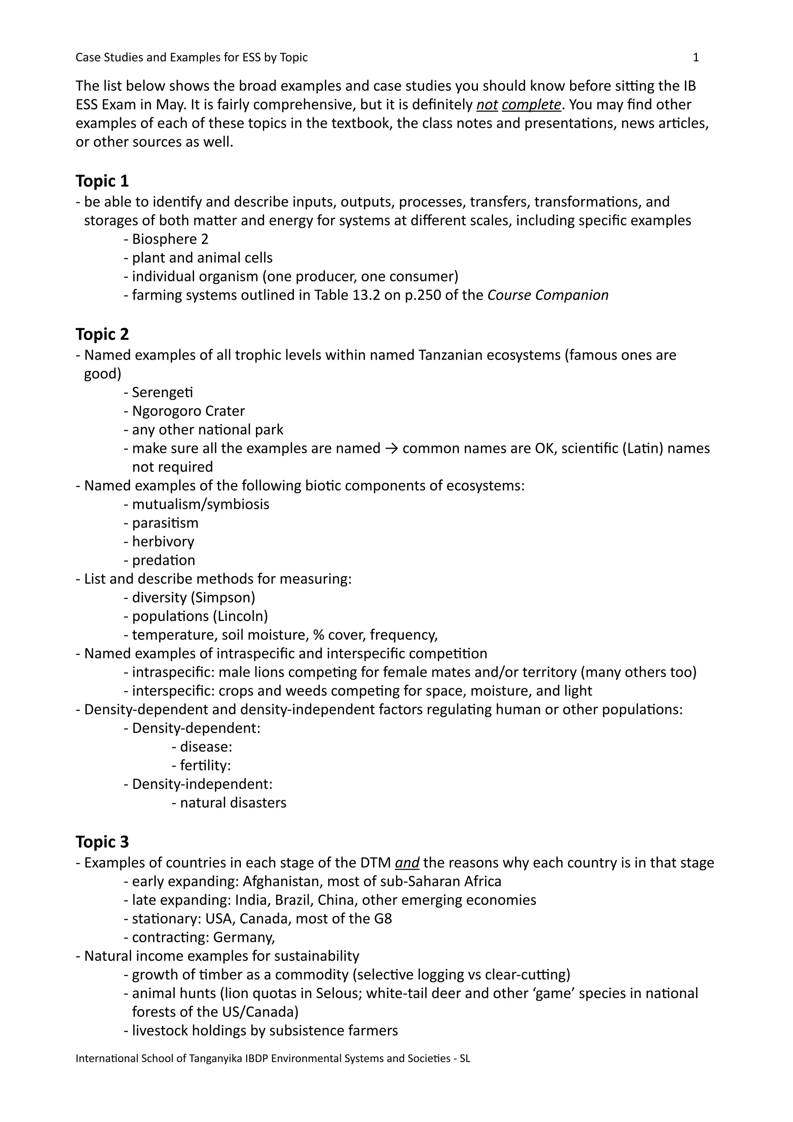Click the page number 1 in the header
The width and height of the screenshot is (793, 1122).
pos(696,58)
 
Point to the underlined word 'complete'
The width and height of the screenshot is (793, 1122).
pos(531,105)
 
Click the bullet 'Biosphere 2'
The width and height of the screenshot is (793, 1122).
pos(170,239)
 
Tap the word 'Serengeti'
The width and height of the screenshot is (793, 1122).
pos(162,393)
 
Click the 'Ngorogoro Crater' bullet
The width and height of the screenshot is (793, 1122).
pos(188,412)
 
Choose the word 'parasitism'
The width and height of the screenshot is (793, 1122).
pos(165,523)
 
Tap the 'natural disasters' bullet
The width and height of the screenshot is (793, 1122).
pos(233,803)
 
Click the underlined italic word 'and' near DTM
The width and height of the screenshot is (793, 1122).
pos(407,863)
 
